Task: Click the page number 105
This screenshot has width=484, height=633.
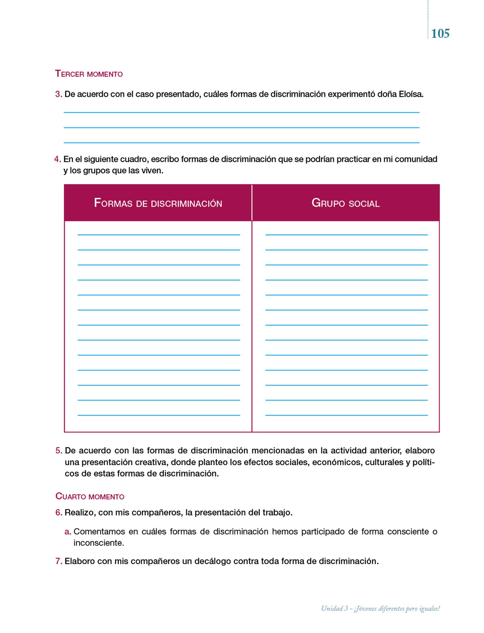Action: pos(440,33)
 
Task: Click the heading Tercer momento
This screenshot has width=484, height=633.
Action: pos(89,74)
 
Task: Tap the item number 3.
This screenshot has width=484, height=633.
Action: pos(58,94)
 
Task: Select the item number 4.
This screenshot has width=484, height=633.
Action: pos(57,159)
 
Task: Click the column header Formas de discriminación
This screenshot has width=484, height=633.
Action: pos(158,203)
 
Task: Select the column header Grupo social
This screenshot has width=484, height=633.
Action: pos(345,203)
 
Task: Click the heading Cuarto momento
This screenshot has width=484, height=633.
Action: pos(90,496)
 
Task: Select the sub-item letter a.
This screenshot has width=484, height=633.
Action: pos(68,532)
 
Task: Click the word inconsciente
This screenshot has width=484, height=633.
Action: pos(98,543)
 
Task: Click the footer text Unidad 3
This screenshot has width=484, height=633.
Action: pos(334,609)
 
